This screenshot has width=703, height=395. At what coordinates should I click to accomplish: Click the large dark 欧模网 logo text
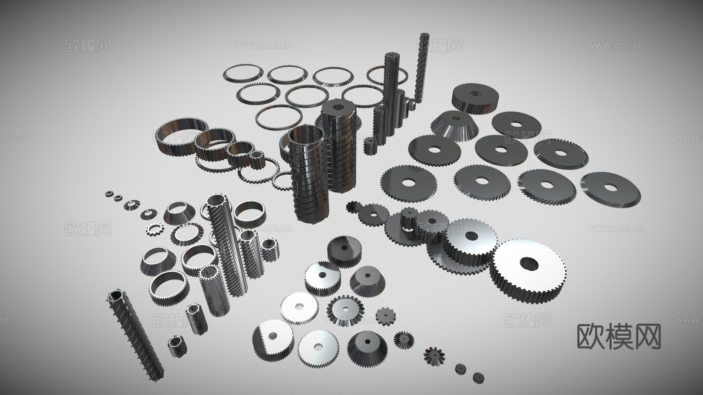[x=619, y=336]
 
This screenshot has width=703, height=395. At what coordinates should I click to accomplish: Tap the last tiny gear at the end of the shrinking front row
[x=478, y=377]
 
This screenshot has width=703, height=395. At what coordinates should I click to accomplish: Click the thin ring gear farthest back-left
[x=243, y=74]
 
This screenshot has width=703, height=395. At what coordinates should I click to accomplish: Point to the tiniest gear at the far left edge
[x=109, y=193]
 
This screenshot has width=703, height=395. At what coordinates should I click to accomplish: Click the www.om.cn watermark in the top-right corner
[x=615, y=45]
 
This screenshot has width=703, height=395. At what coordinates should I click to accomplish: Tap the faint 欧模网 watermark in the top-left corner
[x=88, y=46]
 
